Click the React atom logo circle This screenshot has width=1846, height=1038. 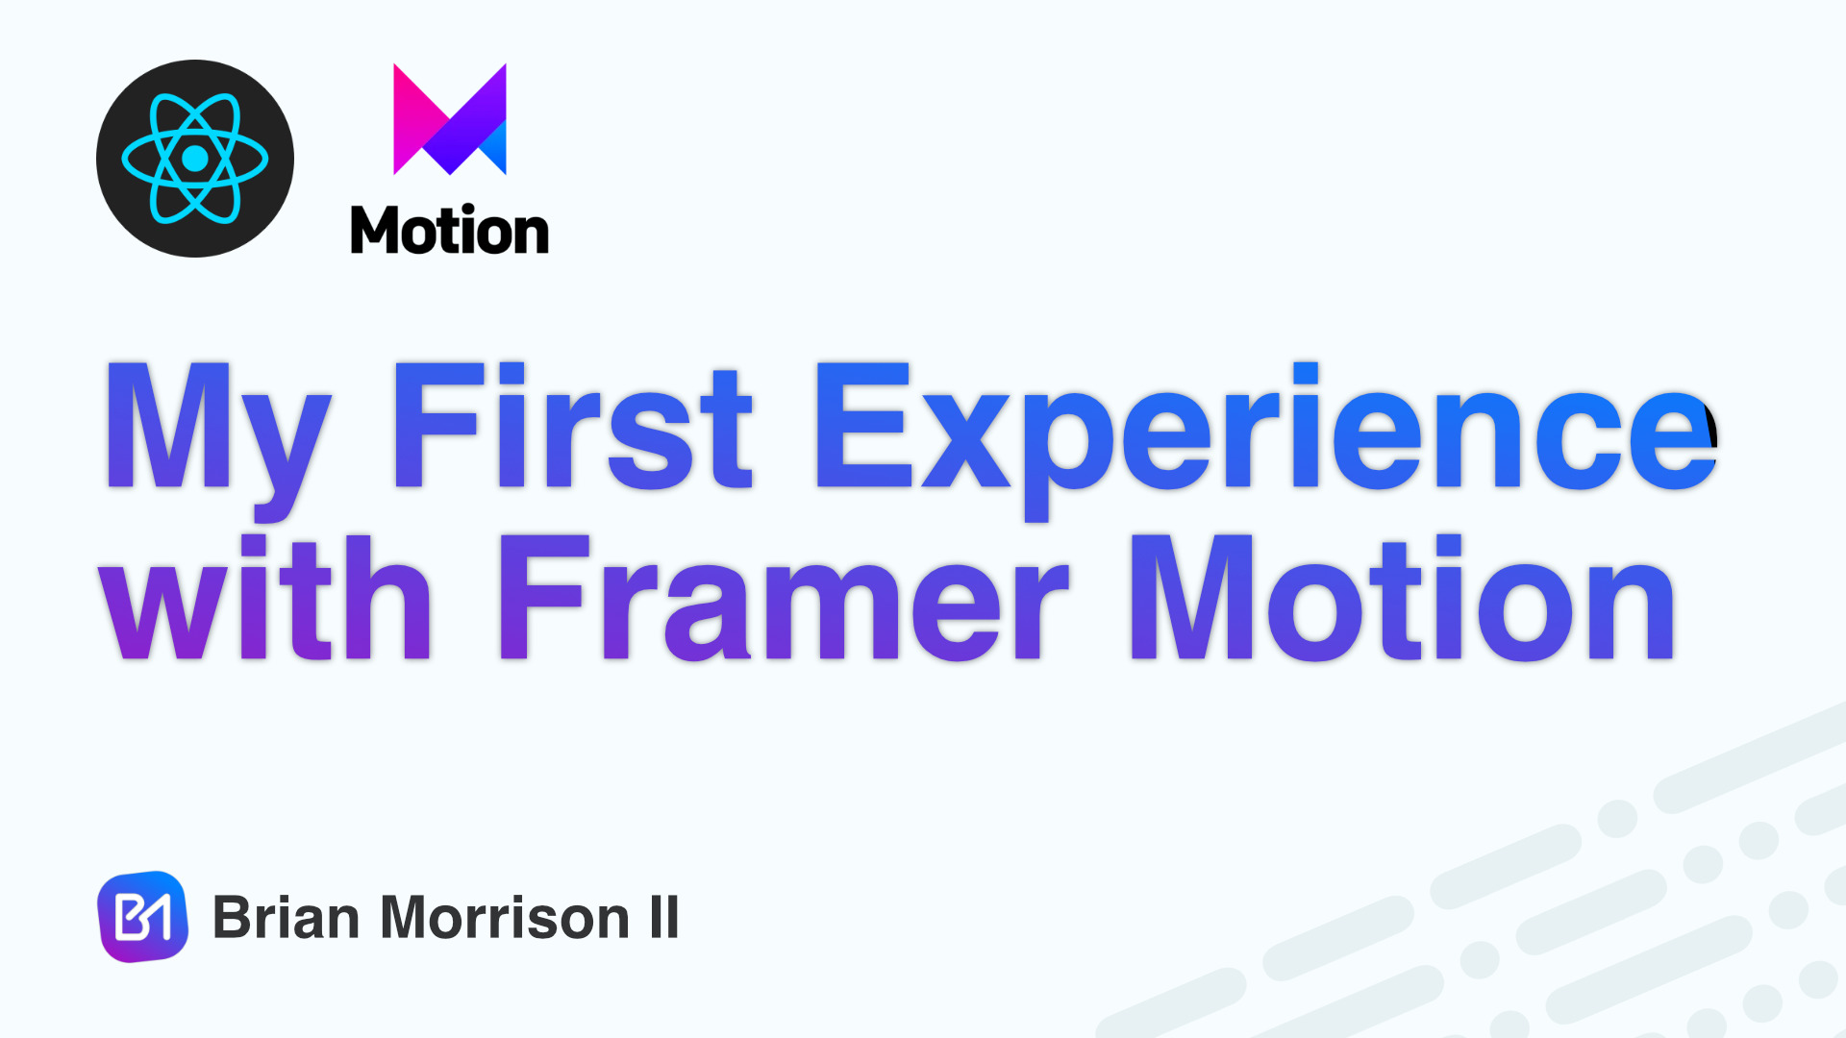click(x=195, y=159)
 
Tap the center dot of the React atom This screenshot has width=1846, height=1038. click(x=195, y=159)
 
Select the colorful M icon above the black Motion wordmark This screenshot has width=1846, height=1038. click(x=450, y=119)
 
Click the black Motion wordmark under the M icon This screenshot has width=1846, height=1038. click(x=450, y=231)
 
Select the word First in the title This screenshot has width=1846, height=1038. click(x=573, y=426)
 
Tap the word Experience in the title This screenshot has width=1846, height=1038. click(x=1265, y=441)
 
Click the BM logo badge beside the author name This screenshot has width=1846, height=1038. click(x=143, y=917)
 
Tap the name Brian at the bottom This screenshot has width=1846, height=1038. click(x=287, y=917)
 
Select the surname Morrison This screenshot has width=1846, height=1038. click(x=506, y=917)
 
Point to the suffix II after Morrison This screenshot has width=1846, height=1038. click(x=664, y=917)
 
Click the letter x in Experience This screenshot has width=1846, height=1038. click(x=966, y=441)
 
